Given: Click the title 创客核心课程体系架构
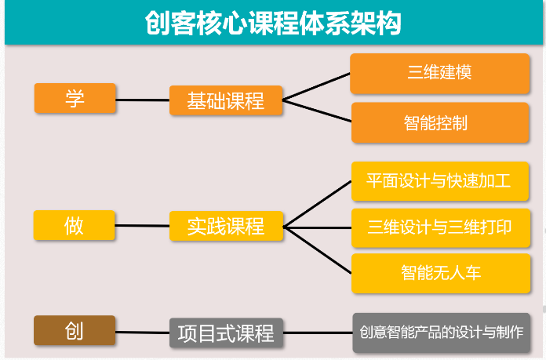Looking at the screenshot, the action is coord(273,23).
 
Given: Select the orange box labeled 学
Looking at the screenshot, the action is coord(75,98).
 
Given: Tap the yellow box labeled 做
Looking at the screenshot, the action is coord(75,225).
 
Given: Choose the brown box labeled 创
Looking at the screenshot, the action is coord(75,330).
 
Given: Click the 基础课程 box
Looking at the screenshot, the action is coord(226,100).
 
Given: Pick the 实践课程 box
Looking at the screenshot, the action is coord(227,226).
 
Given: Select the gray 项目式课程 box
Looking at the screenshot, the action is coord(227,333).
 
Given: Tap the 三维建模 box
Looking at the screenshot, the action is coord(440,74).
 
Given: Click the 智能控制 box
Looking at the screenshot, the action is coord(440,122).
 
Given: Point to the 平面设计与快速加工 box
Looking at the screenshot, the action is coord(440,181).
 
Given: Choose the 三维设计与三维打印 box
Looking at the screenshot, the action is coord(441,227).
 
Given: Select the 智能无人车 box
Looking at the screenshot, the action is coord(441,273).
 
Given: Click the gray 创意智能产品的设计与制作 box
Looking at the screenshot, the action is coord(442,333).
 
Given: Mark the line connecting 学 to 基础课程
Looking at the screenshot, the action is coord(143,100).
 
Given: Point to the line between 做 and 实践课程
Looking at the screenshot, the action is coord(142,226).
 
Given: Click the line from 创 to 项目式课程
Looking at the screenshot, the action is coord(143,333).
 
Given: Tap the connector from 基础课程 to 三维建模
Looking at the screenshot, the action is coord(316,87).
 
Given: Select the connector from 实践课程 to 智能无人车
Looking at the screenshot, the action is coord(318,250).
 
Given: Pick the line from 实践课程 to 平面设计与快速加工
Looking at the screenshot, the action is coord(318,204).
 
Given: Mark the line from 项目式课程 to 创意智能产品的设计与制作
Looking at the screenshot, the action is coord(318,333).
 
